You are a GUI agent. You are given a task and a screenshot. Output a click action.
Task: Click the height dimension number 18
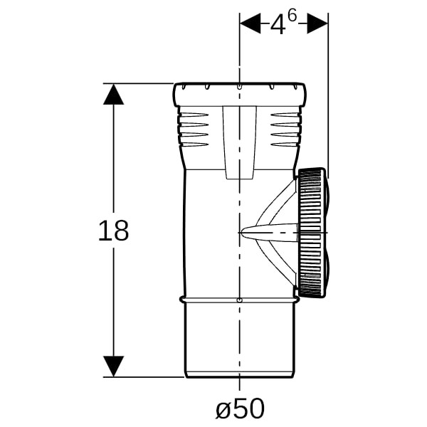(x=113, y=231)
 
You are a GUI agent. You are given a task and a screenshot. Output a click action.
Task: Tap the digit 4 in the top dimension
(x=278, y=25)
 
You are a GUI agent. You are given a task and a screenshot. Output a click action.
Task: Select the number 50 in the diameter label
(x=248, y=408)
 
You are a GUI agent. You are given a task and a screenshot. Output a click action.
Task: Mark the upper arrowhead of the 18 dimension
(x=113, y=94)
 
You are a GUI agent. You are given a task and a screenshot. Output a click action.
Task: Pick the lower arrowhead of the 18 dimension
(x=113, y=367)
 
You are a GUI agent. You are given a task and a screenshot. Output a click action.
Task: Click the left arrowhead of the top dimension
(x=250, y=25)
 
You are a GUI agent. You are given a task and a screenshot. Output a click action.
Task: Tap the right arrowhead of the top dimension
(x=317, y=25)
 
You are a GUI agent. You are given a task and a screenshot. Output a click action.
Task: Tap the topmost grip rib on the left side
(x=194, y=114)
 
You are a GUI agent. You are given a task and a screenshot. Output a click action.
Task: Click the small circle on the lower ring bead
(x=239, y=300)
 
